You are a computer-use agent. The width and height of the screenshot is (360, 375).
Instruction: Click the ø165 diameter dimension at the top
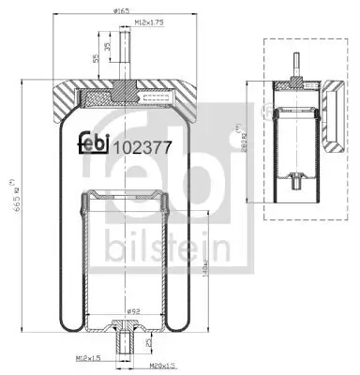(x=123, y=11)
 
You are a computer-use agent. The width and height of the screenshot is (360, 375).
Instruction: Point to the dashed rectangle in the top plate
(x=156, y=94)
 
